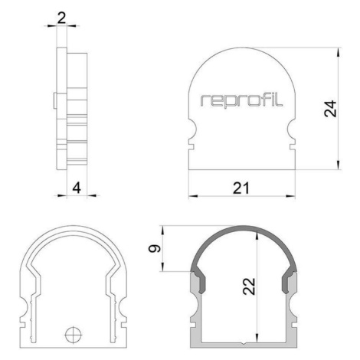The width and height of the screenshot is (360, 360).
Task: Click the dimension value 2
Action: (x=61, y=18)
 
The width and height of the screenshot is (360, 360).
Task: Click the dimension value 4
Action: (x=77, y=188)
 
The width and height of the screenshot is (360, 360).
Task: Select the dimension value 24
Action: (x=331, y=109)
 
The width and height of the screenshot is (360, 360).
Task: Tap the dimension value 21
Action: (x=241, y=188)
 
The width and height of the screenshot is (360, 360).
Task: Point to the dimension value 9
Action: (x=155, y=248)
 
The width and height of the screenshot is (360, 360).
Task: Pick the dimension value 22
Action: (x=249, y=286)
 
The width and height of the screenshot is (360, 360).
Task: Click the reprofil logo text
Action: (x=241, y=100)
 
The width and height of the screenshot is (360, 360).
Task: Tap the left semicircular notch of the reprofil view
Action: (x=193, y=129)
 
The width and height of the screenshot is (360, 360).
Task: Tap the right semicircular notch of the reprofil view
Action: (x=291, y=129)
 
